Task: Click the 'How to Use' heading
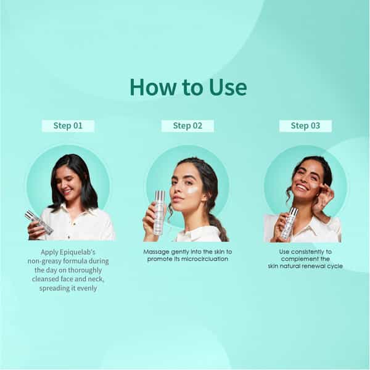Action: click(188, 88)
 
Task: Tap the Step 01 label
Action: click(68, 126)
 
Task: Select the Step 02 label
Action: click(187, 126)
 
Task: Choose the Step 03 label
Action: click(305, 126)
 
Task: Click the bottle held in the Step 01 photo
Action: click(39, 222)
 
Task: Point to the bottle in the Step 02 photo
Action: click(160, 213)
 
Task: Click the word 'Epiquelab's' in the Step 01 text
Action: click(78, 252)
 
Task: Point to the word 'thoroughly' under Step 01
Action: click(85, 270)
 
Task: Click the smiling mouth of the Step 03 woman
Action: click(302, 188)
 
